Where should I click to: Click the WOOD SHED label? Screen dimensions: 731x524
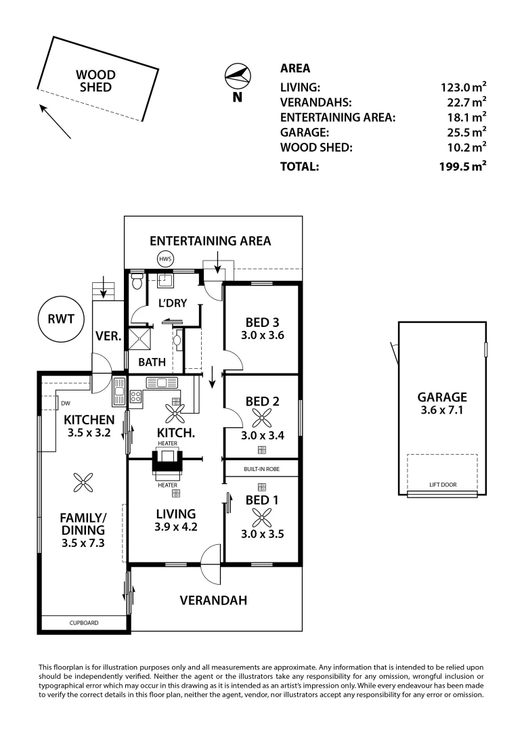pyautogui.click(x=95, y=81)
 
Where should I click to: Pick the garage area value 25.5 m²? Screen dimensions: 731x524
pyautogui.click(x=463, y=133)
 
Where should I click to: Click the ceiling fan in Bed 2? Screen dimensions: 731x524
pyautogui.click(x=261, y=418)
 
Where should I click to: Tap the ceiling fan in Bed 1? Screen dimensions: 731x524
pyautogui.click(x=261, y=517)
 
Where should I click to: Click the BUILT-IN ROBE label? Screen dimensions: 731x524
pyautogui.click(x=261, y=468)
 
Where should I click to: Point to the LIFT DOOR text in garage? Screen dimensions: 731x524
pyautogui.click(x=442, y=485)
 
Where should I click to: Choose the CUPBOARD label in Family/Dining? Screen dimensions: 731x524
pyautogui.click(x=84, y=623)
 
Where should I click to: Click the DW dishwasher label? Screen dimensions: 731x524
pyautogui.click(x=66, y=404)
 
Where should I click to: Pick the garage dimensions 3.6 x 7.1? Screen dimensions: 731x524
pyautogui.click(x=442, y=411)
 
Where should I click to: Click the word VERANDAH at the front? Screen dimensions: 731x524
pyautogui.click(x=213, y=600)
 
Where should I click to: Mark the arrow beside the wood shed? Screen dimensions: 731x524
pyautogui.click(x=55, y=122)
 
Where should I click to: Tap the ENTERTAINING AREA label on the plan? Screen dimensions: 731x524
pyautogui.click(x=210, y=240)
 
